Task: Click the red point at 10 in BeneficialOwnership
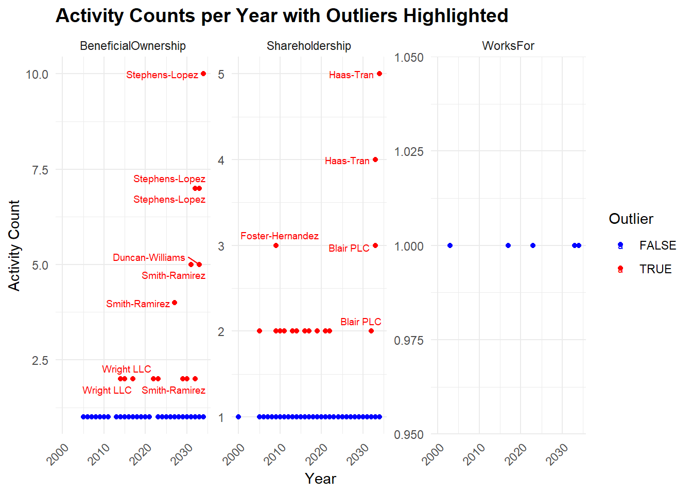click(x=203, y=74)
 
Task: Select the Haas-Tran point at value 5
click(x=379, y=74)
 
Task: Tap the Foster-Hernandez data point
click(x=276, y=245)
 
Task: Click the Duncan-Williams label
click(x=149, y=257)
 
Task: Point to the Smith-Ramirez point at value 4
click(x=175, y=303)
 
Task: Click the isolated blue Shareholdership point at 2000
click(x=238, y=417)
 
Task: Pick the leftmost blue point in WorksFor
click(x=450, y=245)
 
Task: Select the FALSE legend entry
click(x=658, y=245)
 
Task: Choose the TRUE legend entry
click(x=655, y=269)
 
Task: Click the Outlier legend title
click(x=631, y=219)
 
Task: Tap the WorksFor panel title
click(x=508, y=46)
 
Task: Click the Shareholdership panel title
click(x=309, y=46)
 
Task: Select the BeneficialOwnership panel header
click(x=133, y=46)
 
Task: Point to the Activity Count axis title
click(x=14, y=245)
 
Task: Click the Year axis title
click(x=320, y=479)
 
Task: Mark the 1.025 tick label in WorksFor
click(x=409, y=151)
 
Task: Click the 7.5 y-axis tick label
click(x=40, y=170)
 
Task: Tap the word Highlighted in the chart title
click(x=456, y=16)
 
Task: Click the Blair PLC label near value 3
click(x=349, y=248)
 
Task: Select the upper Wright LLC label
click(x=127, y=369)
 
